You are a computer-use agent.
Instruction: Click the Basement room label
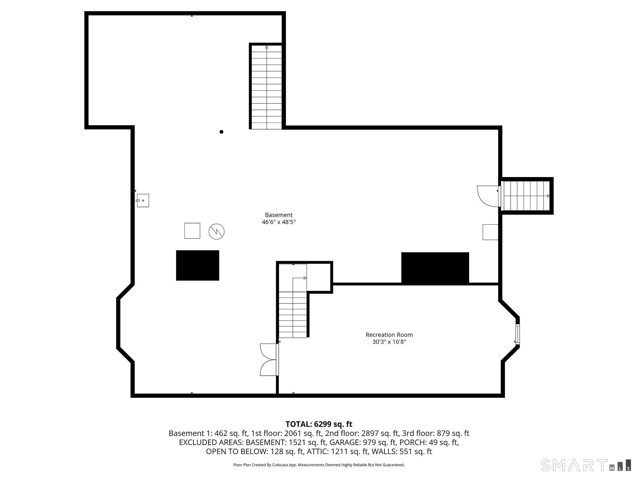tap(279, 215)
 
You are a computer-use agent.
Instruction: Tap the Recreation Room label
tap(389, 335)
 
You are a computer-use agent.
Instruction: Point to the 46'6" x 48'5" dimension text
tap(279, 222)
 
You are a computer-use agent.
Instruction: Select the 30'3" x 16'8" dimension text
tap(389, 342)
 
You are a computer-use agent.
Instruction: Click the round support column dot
tap(221, 132)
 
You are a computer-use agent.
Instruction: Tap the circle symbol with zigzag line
tap(217, 232)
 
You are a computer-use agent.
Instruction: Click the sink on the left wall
tap(143, 200)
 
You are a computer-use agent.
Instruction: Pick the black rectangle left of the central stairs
tap(198, 265)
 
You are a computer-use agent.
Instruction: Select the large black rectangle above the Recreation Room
tap(435, 268)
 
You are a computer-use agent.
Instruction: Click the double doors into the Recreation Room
tap(269, 360)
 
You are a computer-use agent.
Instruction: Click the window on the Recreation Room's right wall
tap(517, 335)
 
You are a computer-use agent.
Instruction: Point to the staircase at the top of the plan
tap(267, 87)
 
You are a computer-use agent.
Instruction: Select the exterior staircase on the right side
tap(526, 196)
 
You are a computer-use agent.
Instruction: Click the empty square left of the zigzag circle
tap(192, 231)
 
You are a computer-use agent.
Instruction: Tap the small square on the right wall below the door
tap(490, 232)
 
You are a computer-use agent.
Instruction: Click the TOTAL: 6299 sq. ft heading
tap(319, 424)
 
